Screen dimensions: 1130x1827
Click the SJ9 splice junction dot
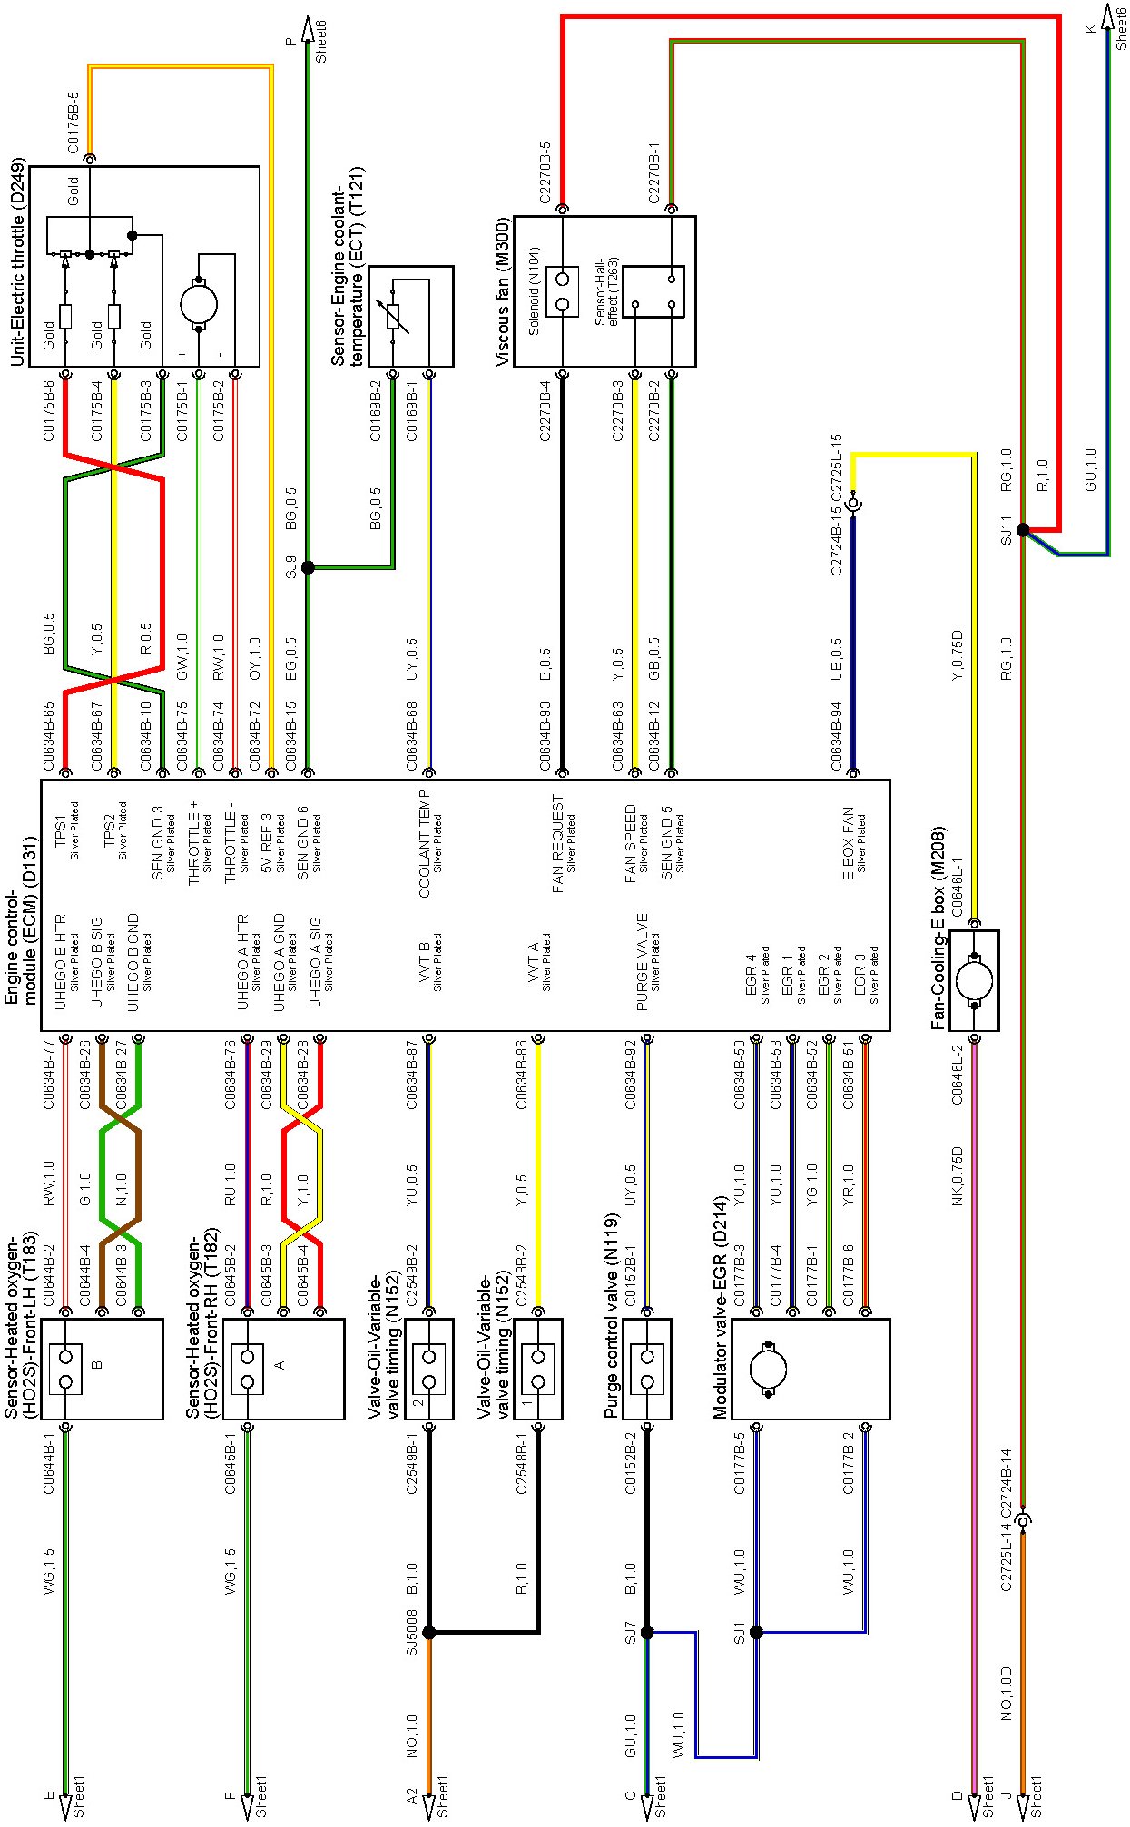tap(308, 567)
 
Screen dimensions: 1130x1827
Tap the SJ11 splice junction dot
tap(1023, 530)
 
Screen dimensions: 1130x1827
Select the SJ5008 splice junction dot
tap(429, 1633)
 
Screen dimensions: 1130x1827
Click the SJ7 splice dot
tap(647, 1633)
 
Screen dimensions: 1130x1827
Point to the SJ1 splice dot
tap(756, 1633)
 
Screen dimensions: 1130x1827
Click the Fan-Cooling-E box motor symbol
tap(975, 980)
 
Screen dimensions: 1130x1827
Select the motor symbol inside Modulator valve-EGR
tap(769, 1370)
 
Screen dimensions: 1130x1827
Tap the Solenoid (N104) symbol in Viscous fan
tap(563, 291)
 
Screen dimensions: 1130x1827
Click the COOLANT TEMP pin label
tap(425, 844)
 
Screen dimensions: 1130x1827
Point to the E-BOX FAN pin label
tap(849, 844)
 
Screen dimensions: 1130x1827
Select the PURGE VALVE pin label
tap(643, 962)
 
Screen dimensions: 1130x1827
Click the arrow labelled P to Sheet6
tap(308, 32)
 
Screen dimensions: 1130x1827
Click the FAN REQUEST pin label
tap(558, 844)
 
